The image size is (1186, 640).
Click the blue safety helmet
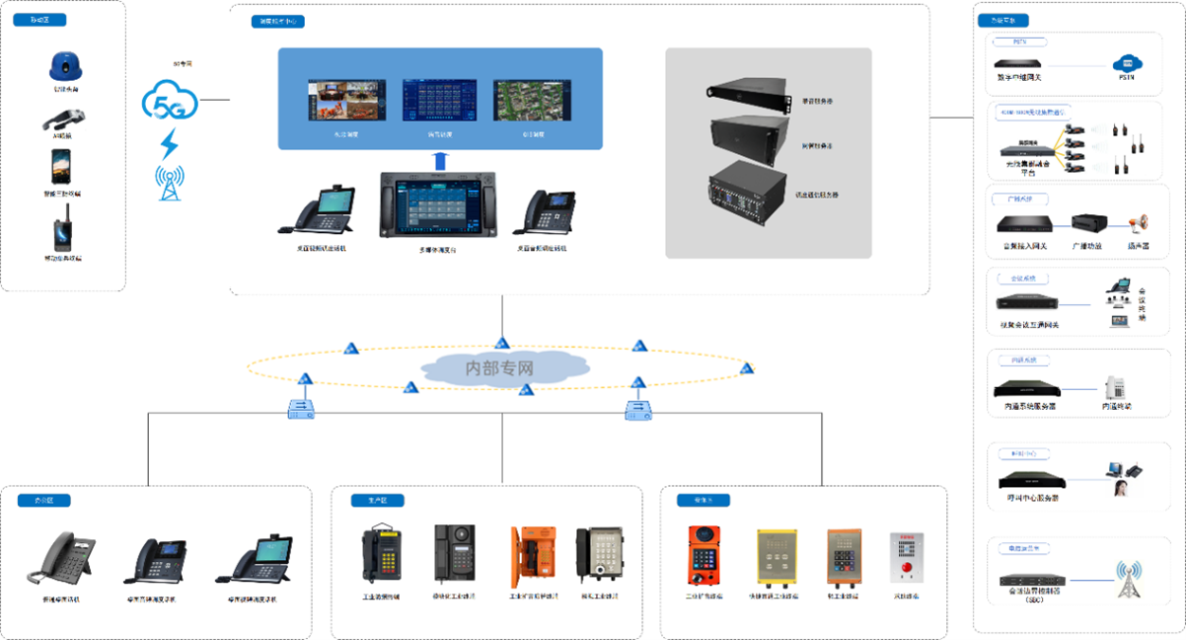pos(64,66)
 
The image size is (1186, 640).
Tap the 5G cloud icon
pos(170,102)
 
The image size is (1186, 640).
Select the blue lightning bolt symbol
pos(170,144)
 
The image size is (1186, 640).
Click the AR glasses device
pos(62,120)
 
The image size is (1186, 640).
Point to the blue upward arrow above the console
pos(441,160)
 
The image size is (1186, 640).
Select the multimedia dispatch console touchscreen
pos(439,209)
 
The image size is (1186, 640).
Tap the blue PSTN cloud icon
pos(1126,64)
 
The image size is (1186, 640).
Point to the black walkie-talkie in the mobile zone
pos(62,232)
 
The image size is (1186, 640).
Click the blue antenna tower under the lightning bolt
pos(170,183)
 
